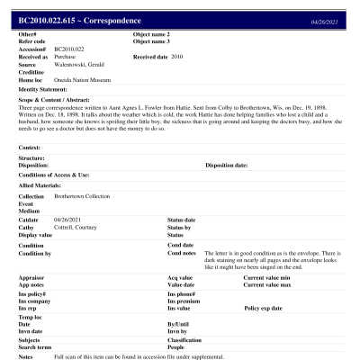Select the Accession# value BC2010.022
tap(70, 49)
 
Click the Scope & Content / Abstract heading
tap(54, 100)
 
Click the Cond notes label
tap(183, 253)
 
